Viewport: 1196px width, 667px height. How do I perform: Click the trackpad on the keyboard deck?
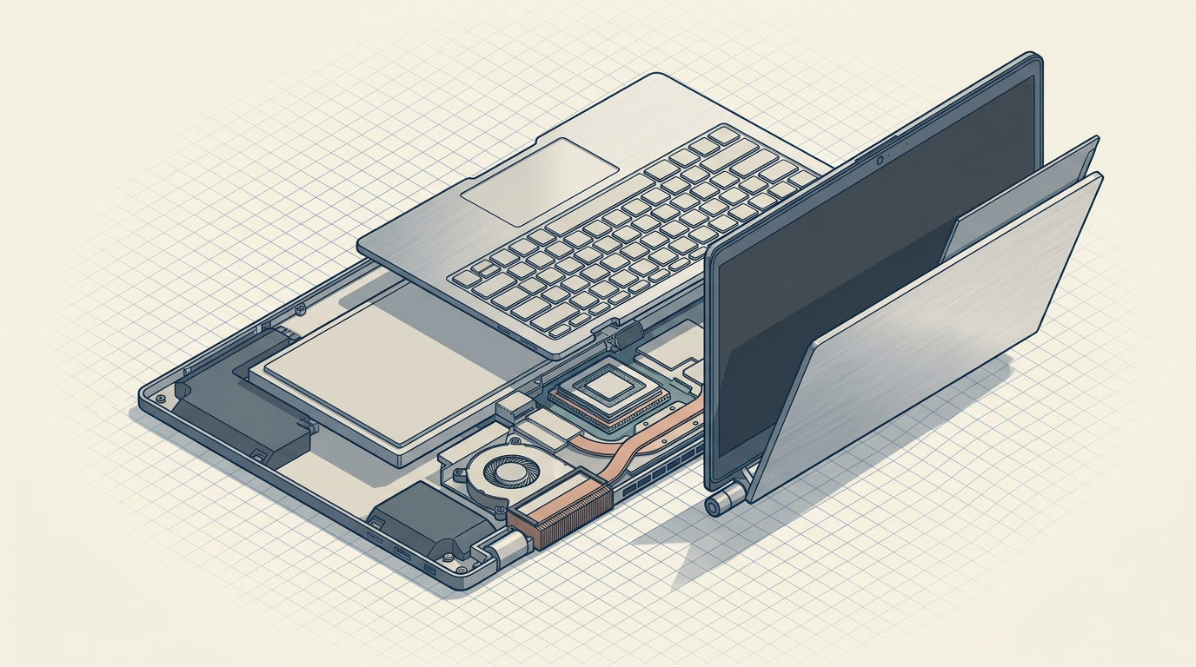click(x=540, y=181)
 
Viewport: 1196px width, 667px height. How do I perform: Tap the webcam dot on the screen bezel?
click(x=880, y=161)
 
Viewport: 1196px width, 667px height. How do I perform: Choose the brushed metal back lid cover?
click(x=930, y=339)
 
